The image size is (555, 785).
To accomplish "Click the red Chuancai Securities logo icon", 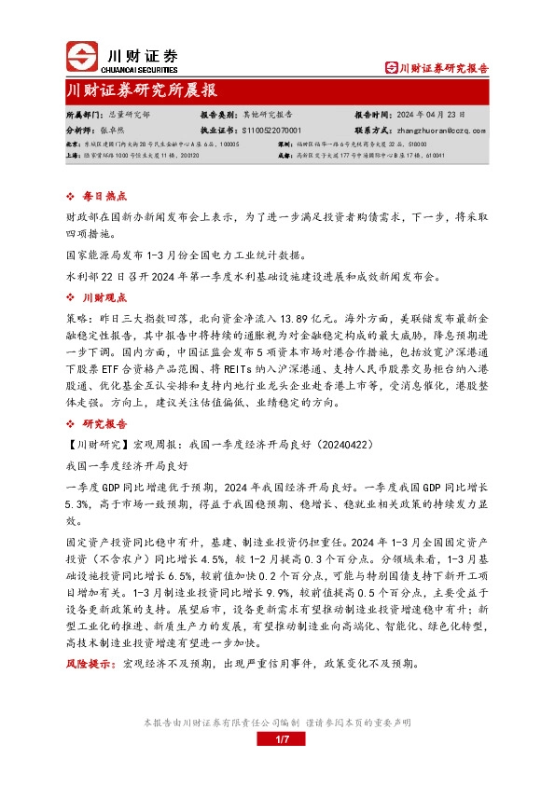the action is click(x=81, y=56).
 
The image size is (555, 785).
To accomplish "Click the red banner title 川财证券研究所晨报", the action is click(x=143, y=90).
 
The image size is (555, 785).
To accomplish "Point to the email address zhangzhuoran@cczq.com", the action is click(x=443, y=131).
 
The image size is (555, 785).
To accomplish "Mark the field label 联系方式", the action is click(x=373, y=131).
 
